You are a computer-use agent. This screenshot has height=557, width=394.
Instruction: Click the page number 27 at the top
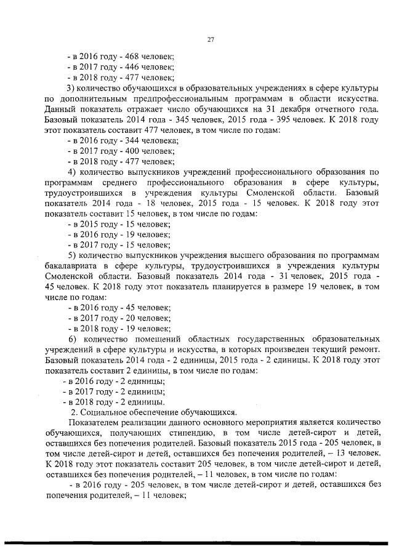[x=210, y=41]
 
